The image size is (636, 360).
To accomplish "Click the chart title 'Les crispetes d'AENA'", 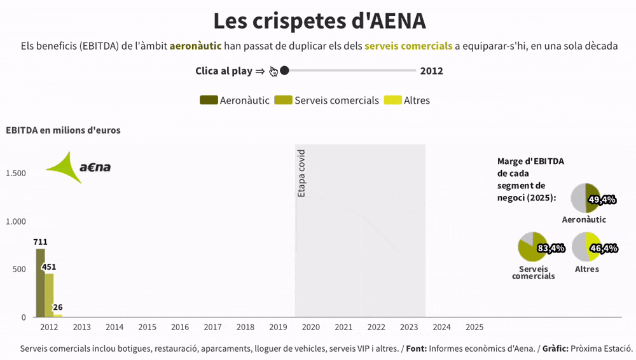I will click(319, 21).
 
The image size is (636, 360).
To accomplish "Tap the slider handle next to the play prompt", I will click(284, 71).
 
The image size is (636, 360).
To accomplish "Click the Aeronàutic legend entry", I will click(235, 100).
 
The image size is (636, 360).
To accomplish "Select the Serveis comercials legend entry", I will click(327, 100).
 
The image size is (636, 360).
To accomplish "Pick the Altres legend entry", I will click(407, 100).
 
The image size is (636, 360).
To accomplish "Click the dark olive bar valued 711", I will click(41, 283).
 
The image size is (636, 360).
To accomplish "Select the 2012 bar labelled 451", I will click(49, 295).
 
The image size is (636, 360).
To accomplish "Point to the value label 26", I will click(57, 307).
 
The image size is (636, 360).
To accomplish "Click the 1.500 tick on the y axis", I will click(15, 174).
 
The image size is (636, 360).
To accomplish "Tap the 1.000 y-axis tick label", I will click(15, 221).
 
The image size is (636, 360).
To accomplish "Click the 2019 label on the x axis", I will click(278, 327).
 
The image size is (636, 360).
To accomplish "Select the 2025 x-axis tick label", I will click(474, 327).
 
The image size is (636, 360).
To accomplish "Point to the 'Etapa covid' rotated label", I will click(301, 173).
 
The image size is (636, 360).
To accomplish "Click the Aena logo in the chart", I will click(78, 167).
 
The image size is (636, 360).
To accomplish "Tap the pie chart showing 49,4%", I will click(586, 198).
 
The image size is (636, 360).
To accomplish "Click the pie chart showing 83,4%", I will click(533, 247).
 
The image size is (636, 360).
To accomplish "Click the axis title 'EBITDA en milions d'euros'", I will click(63, 130).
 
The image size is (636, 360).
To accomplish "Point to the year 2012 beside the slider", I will click(432, 71).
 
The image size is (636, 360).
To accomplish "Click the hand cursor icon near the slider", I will click(273, 71).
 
